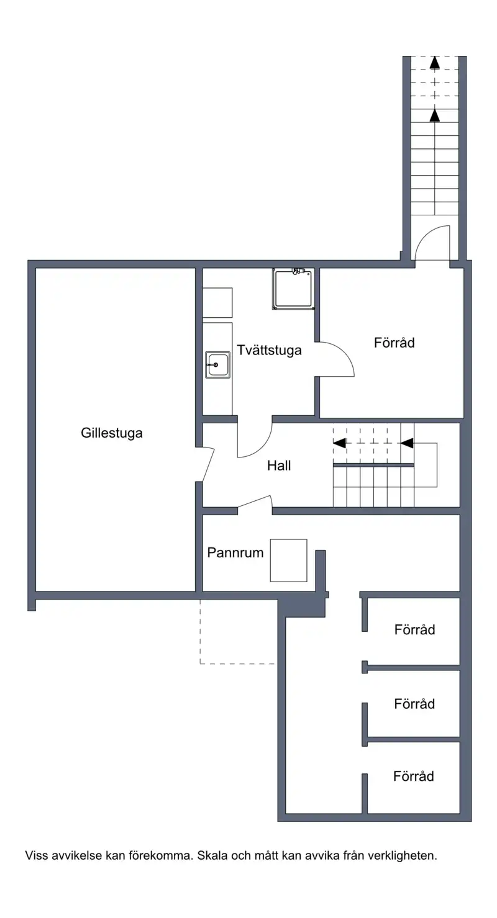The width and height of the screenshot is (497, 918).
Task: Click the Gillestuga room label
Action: click(x=112, y=433)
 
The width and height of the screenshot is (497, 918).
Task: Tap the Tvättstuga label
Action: click(x=269, y=350)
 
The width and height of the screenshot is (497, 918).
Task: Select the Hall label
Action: click(x=279, y=466)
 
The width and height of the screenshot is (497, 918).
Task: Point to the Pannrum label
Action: click(x=235, y=552)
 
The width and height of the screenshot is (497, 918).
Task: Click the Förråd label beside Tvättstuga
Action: click(x=394, y=343)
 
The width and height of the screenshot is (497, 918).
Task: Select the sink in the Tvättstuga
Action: click(x=217, y=364)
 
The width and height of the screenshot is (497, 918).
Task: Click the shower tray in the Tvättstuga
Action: click(x=294, y=288)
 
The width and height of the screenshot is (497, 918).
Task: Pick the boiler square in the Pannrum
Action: click(x=288, y=560)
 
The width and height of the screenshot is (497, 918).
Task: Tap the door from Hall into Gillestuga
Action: click(x=209, y=464)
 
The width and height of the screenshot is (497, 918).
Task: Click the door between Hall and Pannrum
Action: click(x=254, y=502)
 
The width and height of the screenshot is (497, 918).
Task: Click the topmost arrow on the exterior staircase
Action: click(x=434, y=62)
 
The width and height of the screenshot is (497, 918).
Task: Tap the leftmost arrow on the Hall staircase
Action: click(x=339, y=443)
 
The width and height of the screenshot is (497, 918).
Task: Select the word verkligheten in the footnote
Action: click(x=403, y=855)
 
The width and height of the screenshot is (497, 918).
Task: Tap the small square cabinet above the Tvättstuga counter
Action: click(x=217, y=302)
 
